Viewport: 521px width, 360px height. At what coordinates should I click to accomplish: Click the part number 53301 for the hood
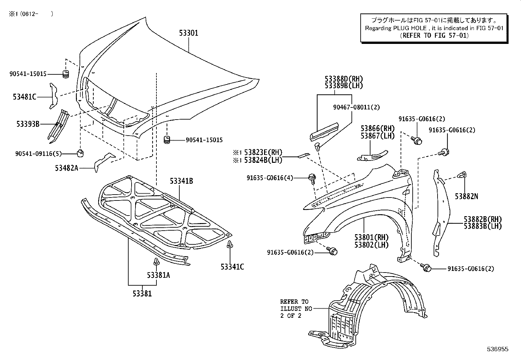[x=189, y=33]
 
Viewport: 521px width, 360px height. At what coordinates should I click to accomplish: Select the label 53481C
[x=25, y=97]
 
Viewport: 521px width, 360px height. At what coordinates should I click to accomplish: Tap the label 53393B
[x=28, y=124]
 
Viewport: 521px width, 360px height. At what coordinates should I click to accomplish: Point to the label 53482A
[x=66, y=168]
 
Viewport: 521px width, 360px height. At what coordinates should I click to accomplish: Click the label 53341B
[x=181, y=181]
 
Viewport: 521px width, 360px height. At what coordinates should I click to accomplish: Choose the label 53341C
[x=232, y=267]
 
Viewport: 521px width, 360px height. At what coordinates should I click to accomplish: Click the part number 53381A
[x=158, y=275]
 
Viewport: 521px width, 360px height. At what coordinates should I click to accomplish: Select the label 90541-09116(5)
[x=39, y=153]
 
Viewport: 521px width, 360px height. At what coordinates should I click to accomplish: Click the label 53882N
[x=466, y=196]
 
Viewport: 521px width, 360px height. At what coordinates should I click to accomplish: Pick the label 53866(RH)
[x=378, y=128]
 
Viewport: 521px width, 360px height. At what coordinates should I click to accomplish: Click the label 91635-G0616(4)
[x=270, y=178]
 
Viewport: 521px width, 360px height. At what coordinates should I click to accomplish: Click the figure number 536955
[x=497, y=350]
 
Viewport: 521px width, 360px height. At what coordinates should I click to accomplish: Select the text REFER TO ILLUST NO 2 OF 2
[x=294, y=309]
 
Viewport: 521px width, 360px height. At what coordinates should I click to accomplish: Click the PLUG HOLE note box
[x=434, y=28]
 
